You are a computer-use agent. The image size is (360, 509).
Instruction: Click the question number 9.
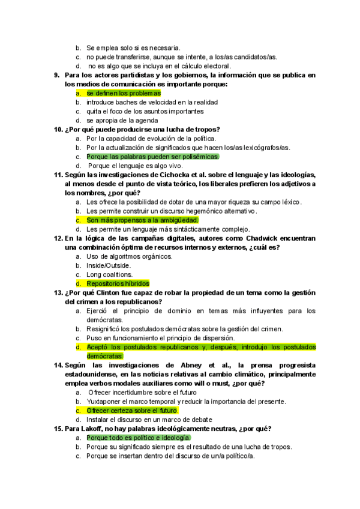pyautogui.click(x=56, y=75)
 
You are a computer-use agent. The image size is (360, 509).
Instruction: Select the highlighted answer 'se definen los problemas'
pyautogui.click(x=124, y=93)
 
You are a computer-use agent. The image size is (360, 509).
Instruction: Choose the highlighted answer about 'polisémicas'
pyautogui.click(x=152, y=157)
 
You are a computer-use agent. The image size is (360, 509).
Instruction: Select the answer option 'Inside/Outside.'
pyautogui.click(x=108, y=265)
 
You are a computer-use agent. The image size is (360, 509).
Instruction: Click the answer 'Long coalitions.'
pyautogui.click(x=109, y=274)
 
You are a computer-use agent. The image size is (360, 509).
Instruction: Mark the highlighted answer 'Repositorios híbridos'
pyautogui.click(x=118, y=283)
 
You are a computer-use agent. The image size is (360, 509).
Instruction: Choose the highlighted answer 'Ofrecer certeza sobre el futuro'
pyautogui.click(x=132, y=411)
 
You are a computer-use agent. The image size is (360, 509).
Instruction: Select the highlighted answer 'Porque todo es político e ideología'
pyautogui.click(x=138, y=438)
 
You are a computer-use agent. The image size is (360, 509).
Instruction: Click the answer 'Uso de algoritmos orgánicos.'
pyautogui.click(x=129, y=256)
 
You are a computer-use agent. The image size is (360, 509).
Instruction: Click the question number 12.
pyautogui.click(x=58, y=238)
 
